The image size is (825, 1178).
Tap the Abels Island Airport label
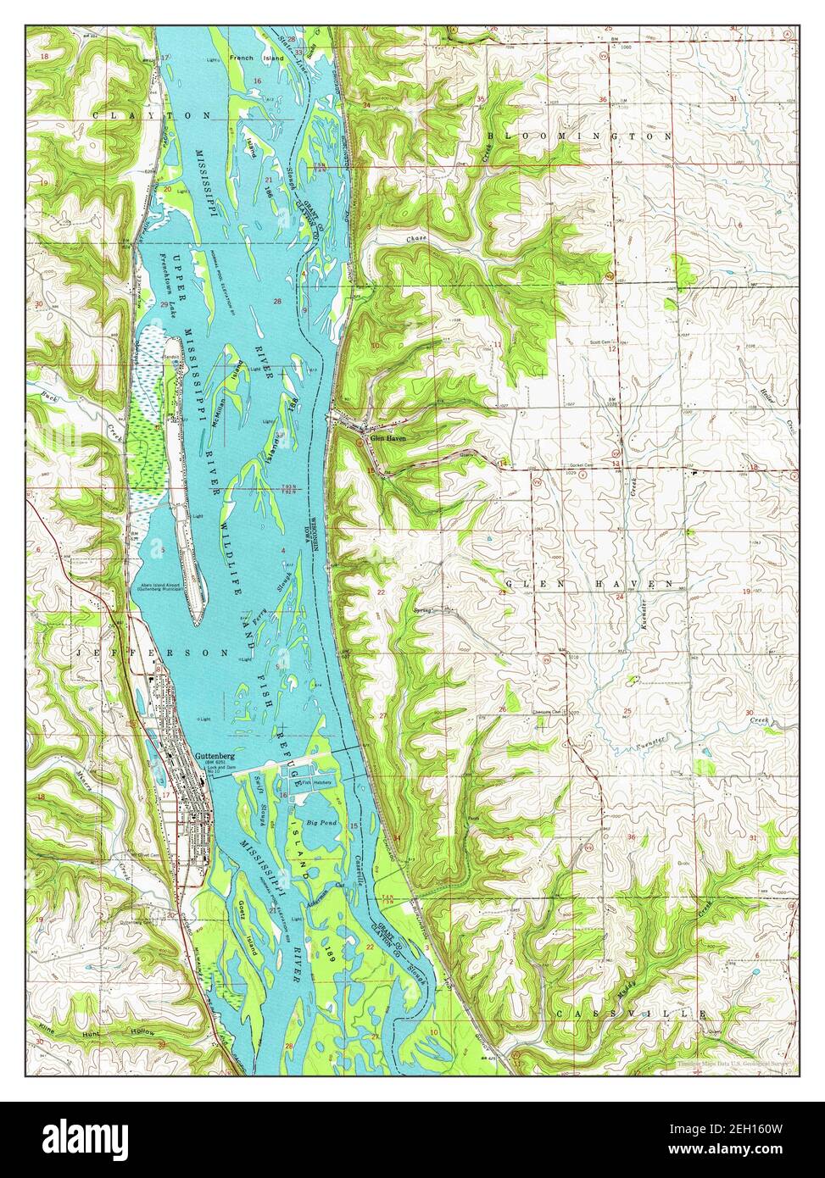tap(161, 586)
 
